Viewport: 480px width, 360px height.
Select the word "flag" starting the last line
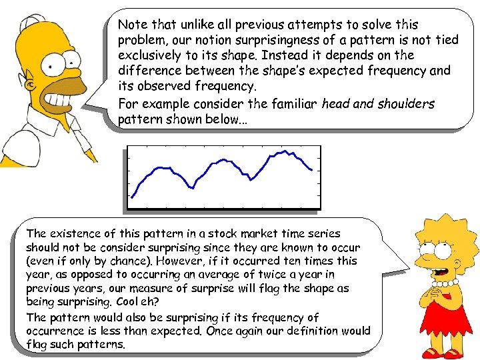click(39, 345)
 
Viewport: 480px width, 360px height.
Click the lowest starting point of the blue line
click(132, 197)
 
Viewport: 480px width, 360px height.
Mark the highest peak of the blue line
click(286, 151)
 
